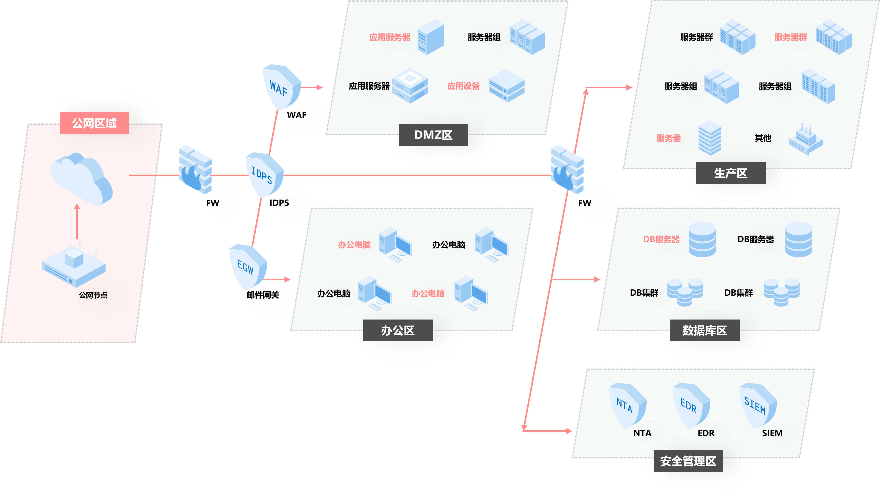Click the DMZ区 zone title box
433,135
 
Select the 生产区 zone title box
731,173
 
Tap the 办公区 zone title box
398,330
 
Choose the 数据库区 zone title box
705,330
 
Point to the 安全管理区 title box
688,461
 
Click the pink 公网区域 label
94,123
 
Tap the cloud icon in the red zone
81,179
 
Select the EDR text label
706,433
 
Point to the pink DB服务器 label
661,239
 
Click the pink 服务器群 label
790,37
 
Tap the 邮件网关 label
263,295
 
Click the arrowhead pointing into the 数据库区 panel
597,279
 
